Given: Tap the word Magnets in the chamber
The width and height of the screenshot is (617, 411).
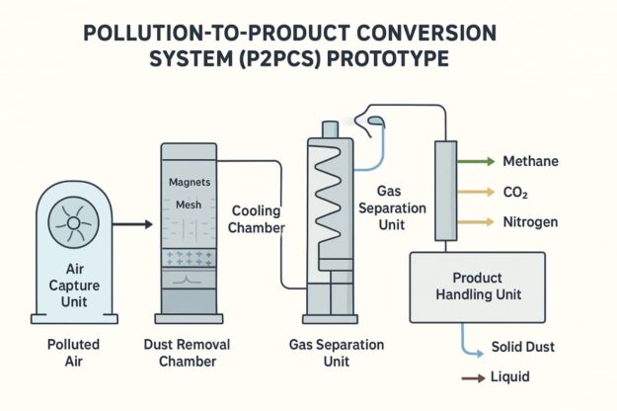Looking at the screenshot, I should click(x=190, y=182).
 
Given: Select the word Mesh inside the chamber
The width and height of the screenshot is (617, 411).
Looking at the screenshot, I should click(x=188, y=205).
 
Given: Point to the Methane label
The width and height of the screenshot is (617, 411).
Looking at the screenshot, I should click(x=530, y=161).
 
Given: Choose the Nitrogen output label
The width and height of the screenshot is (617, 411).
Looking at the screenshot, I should click(x=531, y=222).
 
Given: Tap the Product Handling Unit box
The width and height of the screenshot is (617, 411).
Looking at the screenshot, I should click(x=477, y=287).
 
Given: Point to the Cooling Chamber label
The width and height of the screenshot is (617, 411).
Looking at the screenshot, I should click(x=259, y=219).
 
